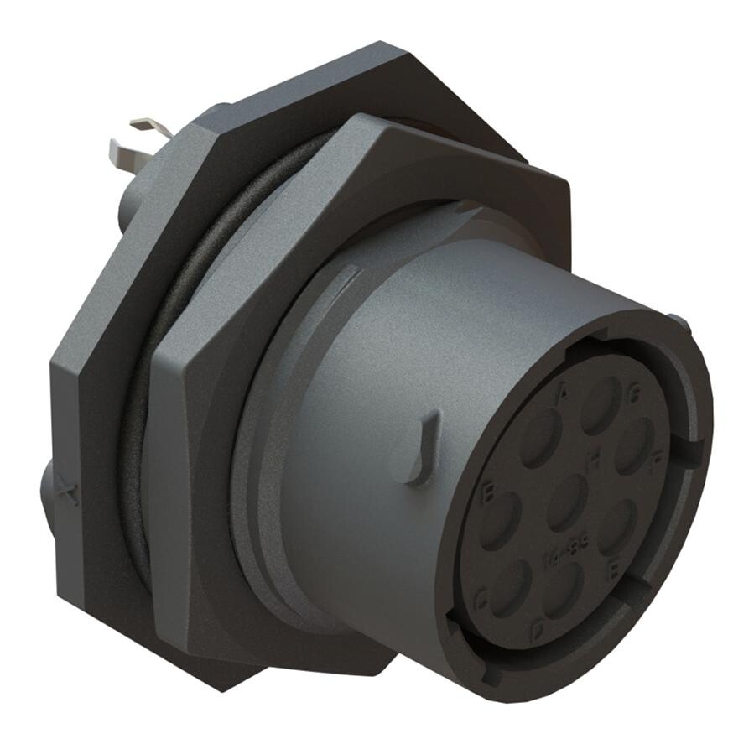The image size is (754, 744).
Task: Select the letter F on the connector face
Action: [658, 458]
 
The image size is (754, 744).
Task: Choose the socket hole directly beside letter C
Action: [511, 588]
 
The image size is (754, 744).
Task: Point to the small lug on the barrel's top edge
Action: [679, 323]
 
